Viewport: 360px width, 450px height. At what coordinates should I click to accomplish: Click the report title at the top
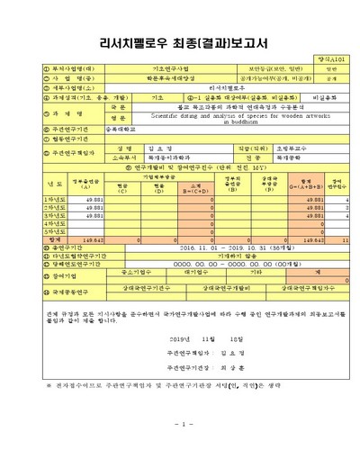[181, 41]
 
